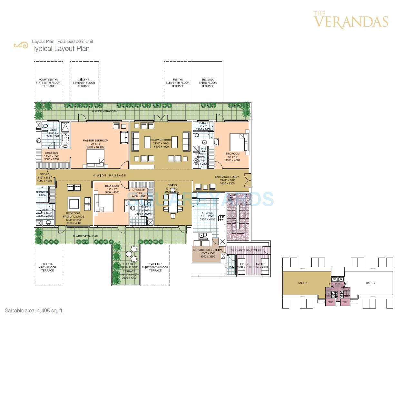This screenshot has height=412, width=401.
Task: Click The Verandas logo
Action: (350, 20)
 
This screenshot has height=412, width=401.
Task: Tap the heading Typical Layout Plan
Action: (61, 49)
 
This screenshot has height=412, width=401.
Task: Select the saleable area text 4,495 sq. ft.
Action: (34, 311)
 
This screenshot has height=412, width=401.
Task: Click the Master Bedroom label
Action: (95, 141)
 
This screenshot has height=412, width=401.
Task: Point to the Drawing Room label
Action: (161, 140)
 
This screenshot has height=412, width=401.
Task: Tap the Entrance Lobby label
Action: (227, 177)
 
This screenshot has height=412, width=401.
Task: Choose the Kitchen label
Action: (207, 213)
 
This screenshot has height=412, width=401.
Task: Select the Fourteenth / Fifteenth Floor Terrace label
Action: (48, 83)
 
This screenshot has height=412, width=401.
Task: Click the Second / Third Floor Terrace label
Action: (208, 83)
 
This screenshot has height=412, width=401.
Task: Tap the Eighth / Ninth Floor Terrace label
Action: (48, 267)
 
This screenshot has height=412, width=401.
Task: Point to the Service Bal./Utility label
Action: (207, 250)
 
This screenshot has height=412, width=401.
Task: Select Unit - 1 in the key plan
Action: (303, 283)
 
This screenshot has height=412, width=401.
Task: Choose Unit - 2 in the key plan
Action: (370, 283)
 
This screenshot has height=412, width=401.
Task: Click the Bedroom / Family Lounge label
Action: (73, 215)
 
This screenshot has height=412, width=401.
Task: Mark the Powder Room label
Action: (200, 156)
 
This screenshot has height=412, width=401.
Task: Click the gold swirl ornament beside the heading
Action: (21, 45)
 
